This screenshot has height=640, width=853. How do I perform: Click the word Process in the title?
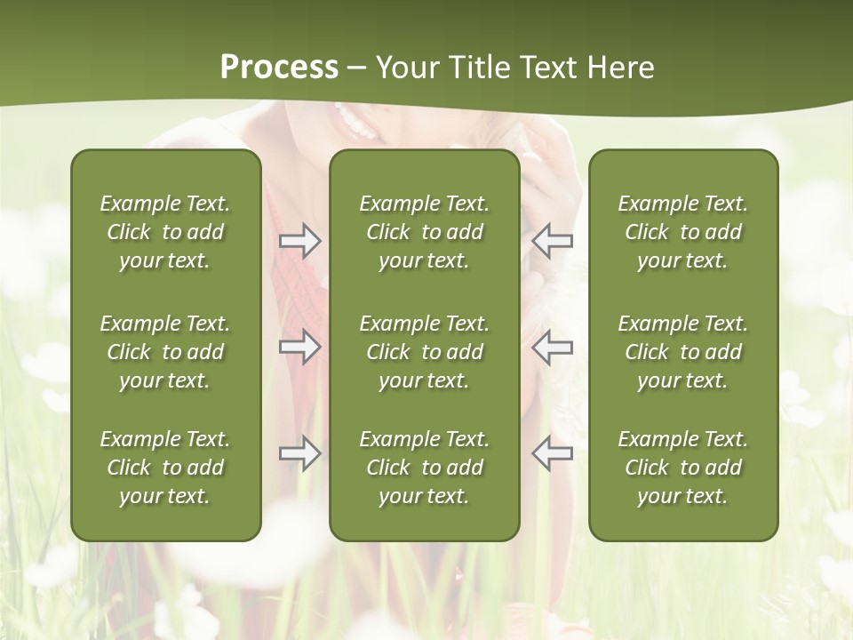(x=279, y=68)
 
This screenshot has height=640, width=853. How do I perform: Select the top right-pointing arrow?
(x=300, y=241)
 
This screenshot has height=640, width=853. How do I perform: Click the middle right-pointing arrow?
(x=300, y=347)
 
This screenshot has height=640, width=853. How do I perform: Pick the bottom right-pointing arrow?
(x=300, y=453)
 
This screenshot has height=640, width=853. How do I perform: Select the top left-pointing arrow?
(x=552, y=241)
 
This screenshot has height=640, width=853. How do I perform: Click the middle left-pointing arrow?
(x=552, y=347)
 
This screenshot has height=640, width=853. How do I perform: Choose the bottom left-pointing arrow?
(x=552, y=453)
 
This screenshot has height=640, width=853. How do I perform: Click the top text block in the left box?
(x=165, y=232)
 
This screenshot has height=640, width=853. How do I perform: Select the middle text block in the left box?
(x=165, y=352)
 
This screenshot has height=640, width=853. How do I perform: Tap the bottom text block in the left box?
(x=165, y=468)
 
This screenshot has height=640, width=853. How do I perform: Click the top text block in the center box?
(x=424, y=232)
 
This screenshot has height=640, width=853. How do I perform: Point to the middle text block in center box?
(x=424, y=352)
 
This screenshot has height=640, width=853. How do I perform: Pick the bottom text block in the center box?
(x=424, y=468)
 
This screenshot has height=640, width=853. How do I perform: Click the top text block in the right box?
(x=682, y=232)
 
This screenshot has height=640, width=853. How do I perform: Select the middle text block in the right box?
(x=682, y=352)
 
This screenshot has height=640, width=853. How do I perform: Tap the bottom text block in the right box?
(x=682, y=468)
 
